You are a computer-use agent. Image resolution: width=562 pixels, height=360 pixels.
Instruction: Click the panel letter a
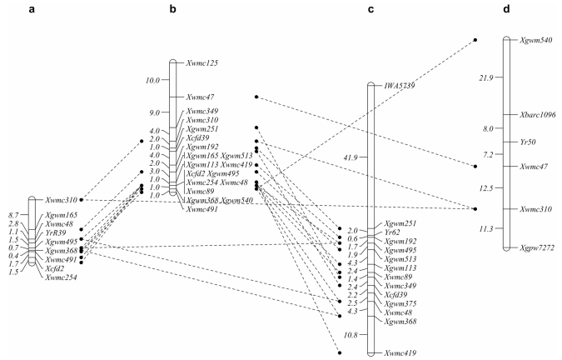31,9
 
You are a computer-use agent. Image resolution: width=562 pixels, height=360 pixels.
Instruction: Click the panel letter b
172,9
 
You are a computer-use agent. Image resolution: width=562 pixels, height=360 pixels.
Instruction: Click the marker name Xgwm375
400,304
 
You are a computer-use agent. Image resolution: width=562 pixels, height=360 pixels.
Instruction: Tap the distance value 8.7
13,216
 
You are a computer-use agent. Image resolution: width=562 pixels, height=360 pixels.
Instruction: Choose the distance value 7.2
487,155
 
